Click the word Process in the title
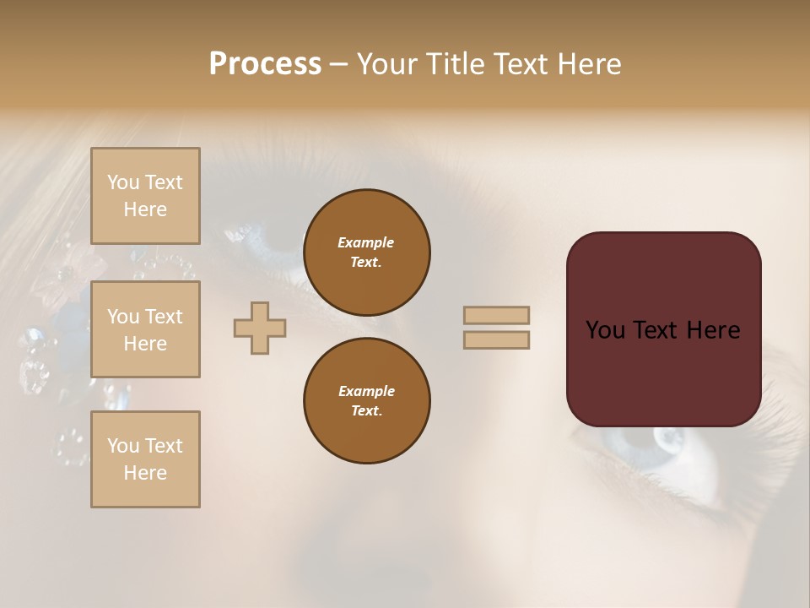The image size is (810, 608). click(x=265, y=64)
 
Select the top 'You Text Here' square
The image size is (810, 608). click(x=145, y=196)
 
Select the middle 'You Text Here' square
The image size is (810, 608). click(x=145, y=329)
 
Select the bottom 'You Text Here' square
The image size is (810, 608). click(x=145, y=459)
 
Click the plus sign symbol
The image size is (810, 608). click(x=260, y=328)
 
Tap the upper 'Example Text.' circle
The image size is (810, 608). click(x=366, y=252)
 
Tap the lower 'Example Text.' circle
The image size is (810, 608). click(x=366, y=401)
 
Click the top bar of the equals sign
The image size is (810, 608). click(x=496, y=315)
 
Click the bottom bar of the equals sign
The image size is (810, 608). click(x=496, y=339)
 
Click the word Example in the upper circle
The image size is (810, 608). click(x=366, y=242)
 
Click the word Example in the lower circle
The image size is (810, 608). click(x=366, y=391)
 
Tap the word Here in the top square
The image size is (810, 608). click(x=145, y=209)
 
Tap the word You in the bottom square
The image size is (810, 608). click(x=123, y=445)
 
